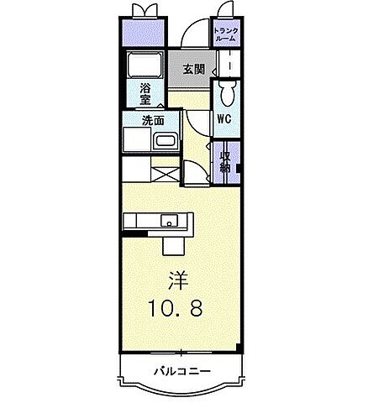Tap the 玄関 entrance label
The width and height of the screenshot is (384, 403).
tap(194, 70)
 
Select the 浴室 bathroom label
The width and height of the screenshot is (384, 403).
tap(145, 92)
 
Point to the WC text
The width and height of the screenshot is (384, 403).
tap(224, 119)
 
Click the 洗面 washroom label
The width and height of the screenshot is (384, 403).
tap(152, 119)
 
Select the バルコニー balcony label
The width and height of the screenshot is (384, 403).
tap(181, 371)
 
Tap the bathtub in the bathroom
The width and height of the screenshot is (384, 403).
tap(146, 65)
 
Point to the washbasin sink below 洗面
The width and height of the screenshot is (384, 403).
tap(166, 140)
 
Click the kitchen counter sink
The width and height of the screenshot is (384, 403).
tap(170, 222)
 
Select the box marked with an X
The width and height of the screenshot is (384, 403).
tap(165, 175)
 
